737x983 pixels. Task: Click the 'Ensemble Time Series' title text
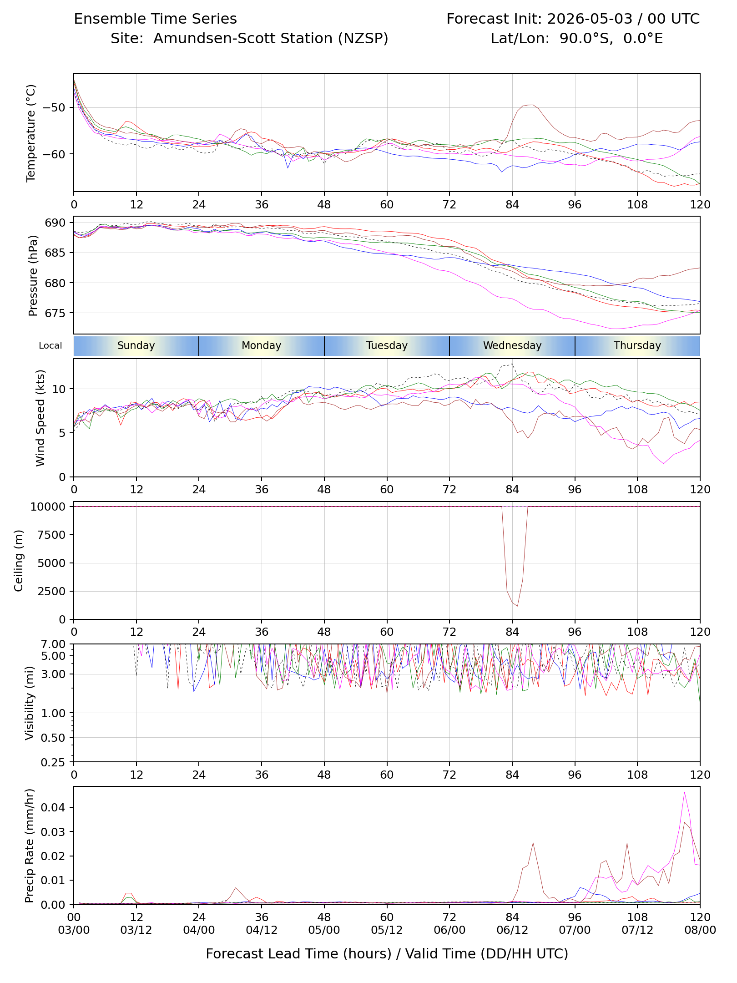[x=155, y=19]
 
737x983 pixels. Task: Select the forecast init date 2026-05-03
[x=590, y=19]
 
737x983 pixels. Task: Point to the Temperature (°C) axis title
[x=30, y=133]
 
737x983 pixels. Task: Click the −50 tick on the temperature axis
[x=53, y=108]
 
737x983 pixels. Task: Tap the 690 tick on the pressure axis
[x=56, y=223]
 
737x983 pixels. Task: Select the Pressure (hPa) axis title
[x=32, y=275]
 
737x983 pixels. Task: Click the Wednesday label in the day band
[x=512, y=345]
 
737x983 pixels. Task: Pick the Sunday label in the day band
[x=136, y=345]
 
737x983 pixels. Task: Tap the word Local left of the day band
[x=50, y=345]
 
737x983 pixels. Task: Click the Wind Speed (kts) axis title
[x=40, y=418]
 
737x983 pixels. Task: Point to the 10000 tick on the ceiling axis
[x=48, y=507]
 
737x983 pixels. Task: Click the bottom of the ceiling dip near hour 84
[x=517, y=606]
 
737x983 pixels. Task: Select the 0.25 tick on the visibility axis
[x=53, y=762]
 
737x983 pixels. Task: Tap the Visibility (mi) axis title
[x=30, y=703]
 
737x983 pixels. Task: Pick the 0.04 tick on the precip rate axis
[x=53, y=807]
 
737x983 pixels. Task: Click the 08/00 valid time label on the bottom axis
[x=700, y=930]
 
